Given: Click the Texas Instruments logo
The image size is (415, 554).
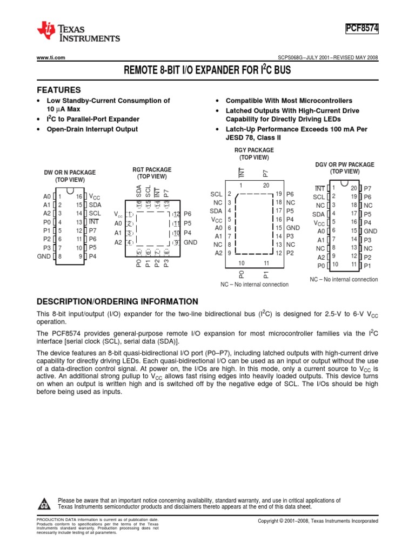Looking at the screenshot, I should coord(78,32).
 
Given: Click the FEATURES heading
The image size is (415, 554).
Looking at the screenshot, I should coord(58,90).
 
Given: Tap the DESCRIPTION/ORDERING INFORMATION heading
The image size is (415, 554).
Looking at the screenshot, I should coord(117,301).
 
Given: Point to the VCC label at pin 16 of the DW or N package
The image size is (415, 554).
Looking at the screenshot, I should coord(94,196).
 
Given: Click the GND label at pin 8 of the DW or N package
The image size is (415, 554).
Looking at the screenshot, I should coord(44,256).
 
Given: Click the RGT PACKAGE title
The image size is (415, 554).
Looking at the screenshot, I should coord(152,169).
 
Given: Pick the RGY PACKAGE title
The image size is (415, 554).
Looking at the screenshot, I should coord(254,150).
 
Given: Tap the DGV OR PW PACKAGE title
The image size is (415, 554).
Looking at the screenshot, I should coord(345,164).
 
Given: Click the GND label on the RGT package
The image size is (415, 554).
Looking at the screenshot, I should coord(190,242).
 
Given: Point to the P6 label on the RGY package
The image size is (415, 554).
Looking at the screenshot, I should coord(290,194).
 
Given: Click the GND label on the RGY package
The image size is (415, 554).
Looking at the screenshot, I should coord(293,228).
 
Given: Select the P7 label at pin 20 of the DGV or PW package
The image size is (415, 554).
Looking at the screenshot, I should coord(367,188).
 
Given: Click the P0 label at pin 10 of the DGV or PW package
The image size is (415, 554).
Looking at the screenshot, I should coord(322,266).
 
